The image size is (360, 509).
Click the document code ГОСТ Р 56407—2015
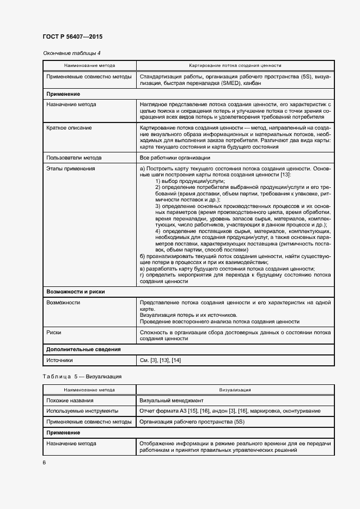pyautogui.click(x=72, y=37)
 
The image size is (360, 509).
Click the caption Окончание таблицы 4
pyautogui.click(x=71, y=53)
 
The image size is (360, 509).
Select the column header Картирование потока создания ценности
pyautogui.click(x=235, y=65)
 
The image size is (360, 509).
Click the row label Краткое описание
pyautogui.click(x=69, y=127)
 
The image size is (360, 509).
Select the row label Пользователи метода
pyautogui.click(x=74, y=158)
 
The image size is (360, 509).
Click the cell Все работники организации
pyautogui.click(x=175, y=158)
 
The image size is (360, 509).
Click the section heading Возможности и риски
pyautogui.click(x=76, y=292)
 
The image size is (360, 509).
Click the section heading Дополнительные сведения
pyautogui.click(x=83, y=349)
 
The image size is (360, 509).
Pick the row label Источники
pyautogui.click(x=60, y=360)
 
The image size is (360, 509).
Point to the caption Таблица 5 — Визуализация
pyautogui.click(x=82, y=376)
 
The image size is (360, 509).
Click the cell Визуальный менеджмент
pyautogui.click(x=171, y=400)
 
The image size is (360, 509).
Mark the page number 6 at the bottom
pyautogui.click(x=44, y=463)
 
